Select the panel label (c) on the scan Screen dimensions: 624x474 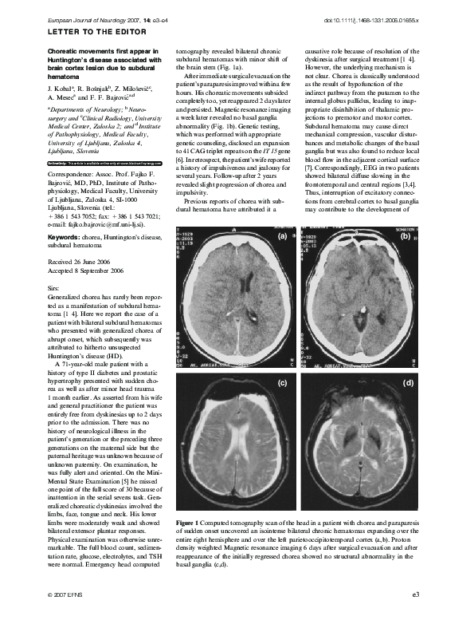[x=281, y=383]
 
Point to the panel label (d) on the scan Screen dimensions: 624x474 [x=408, y=383]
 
